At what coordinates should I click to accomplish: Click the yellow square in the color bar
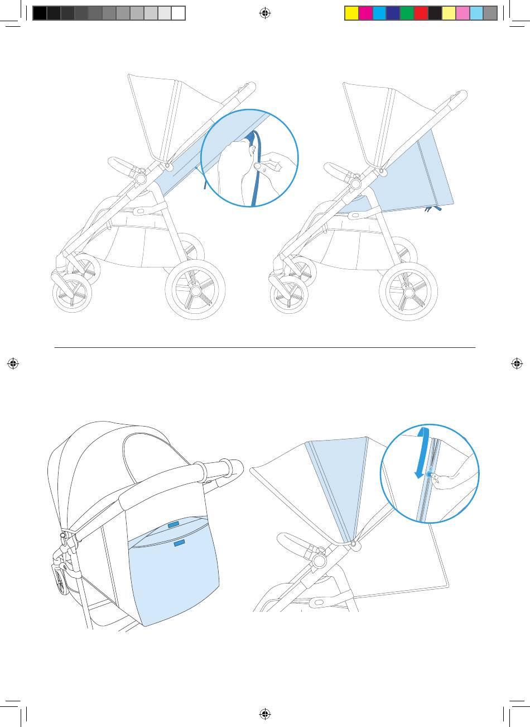[351, 13]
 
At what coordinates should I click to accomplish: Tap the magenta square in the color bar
[365, 13]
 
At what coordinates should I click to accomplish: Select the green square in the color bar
[407, 13]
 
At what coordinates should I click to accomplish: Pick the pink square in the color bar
[462, 13]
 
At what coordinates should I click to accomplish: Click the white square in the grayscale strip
[179, 13]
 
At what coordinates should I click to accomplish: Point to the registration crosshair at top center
[265, 13]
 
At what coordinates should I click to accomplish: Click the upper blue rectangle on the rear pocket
[174, 524]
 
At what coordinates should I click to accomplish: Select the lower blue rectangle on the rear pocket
[179, 542]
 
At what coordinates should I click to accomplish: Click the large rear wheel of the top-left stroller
[195, 290]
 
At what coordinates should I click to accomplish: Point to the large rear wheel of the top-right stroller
[408, 291]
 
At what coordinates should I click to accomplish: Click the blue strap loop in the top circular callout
[256, 168]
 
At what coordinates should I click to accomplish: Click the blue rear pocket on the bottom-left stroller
[173, 575]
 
